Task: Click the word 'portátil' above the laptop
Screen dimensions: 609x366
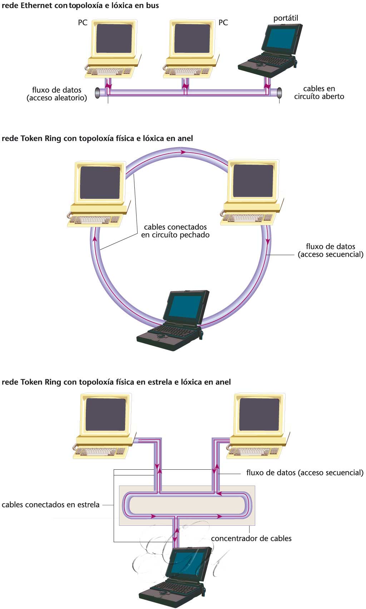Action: pos(285,18)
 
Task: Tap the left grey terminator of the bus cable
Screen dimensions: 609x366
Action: pos(98,93)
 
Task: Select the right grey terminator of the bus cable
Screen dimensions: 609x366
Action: pos(280,93)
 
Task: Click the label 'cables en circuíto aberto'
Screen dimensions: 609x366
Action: pos(319,93)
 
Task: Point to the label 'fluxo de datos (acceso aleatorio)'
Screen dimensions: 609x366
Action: pos(57,94)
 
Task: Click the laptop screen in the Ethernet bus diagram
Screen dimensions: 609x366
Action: pos(281,39)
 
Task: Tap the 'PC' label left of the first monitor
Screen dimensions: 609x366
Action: pos(83,23)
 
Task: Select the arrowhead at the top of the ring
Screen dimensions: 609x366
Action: pos(183,152)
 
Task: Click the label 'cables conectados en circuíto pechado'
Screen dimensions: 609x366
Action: pos(175,231)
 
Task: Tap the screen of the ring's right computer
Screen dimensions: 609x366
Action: pos(253,181)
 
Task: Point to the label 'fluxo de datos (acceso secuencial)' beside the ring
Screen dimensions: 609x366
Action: pos(330,250)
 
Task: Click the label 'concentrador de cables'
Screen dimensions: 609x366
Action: pos(251,539)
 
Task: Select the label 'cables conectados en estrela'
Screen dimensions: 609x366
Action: pos(51,505)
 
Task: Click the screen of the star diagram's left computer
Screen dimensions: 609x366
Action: pos(105,414)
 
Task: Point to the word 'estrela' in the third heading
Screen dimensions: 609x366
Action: pos(159,382)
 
